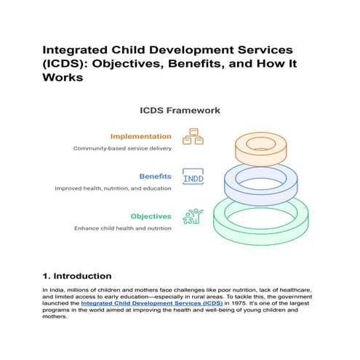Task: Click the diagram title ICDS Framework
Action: point(180,111)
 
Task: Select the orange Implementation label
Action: point(141,136)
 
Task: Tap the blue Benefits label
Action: point(155,176)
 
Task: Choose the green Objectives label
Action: point(151,216)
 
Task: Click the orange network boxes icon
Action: point(192,137)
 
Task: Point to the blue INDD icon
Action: point(193,177)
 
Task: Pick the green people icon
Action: point(193,216)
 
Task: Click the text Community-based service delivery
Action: point(122,148)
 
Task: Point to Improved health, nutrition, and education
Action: point(113,188)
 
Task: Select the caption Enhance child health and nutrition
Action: point(123,228)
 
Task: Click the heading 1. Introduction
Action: point(76,276)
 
